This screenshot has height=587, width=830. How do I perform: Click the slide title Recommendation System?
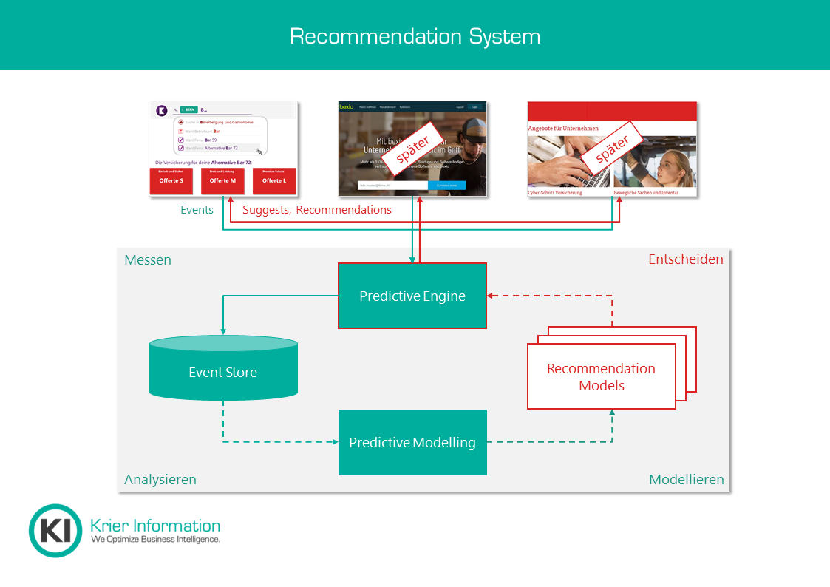[415, 36]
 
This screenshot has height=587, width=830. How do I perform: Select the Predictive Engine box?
[412, 296]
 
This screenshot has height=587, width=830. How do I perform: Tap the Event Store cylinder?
[223, 372]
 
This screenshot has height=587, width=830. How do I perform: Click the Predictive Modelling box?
[412, 442]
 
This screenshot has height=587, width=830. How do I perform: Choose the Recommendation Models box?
[601, 376]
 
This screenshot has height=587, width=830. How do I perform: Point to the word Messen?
[148, 259]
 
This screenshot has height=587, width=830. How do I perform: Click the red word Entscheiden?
[685, 259]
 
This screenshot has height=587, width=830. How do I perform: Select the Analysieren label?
[160, 479]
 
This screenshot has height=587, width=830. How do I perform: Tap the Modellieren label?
[686, 479]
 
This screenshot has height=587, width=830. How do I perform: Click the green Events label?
[197, 210]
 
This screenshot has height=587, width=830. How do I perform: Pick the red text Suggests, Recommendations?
[317, 210]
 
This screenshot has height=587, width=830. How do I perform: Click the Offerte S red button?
[171, 181]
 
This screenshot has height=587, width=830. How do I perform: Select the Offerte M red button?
[222, 181]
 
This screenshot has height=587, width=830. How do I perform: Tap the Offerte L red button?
[274, 181]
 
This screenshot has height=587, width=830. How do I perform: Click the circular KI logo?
[55, 531]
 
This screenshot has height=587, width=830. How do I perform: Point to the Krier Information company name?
[154, 526]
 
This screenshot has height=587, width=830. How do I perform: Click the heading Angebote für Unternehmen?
[563, 128]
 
